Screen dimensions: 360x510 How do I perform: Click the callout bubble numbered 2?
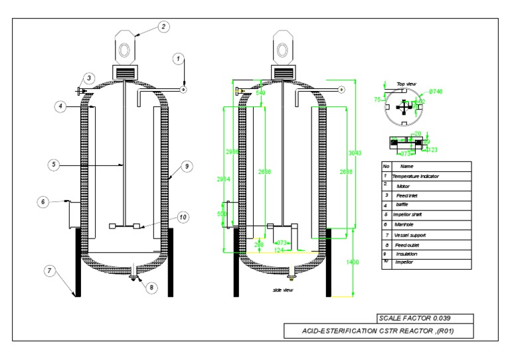163,27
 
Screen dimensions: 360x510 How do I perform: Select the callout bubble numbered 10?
183,216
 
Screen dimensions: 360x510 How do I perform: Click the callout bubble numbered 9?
187,165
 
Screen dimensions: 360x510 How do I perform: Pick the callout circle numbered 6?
43,201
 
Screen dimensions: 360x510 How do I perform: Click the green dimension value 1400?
352,262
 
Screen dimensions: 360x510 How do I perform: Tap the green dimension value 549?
260,94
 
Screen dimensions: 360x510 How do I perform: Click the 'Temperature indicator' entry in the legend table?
417,176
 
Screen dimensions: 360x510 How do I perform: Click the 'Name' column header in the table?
407,166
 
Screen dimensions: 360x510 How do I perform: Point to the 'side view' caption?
283,290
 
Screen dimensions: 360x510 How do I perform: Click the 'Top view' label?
406,84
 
